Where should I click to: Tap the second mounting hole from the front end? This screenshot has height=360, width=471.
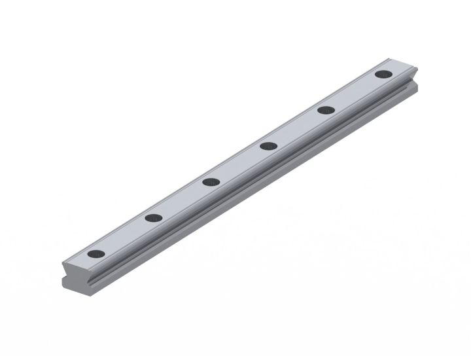[x=153, y=217]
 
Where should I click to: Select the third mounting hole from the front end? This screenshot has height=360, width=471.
[x=210, y=181]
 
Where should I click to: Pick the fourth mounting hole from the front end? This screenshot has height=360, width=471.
[x=267, y=145]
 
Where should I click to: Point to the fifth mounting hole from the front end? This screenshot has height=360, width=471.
[x=325, y=110]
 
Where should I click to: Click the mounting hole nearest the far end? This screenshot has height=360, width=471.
[x=383, y=74]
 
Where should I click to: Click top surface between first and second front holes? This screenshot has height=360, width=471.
[x=124, y=236]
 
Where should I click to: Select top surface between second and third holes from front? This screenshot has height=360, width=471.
[x=181, y=200]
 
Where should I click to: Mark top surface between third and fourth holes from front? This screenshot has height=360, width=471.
[x=238, y=164]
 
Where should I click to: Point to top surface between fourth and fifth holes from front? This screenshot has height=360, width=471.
[x=296, y=128]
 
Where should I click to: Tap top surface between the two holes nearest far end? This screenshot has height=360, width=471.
[x=354, y=92]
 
